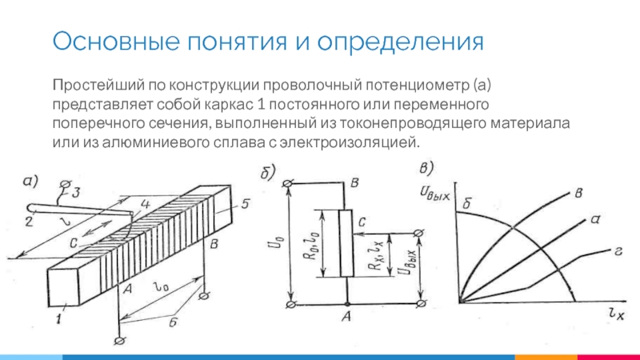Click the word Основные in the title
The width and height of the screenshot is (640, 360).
click(116, 42)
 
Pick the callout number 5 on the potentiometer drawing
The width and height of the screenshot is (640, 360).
click(245, 203)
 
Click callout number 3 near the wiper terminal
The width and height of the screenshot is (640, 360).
click(76, 192)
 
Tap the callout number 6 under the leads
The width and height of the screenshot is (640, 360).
click(173, 322)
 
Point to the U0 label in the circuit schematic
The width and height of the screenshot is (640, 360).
click(279, 243)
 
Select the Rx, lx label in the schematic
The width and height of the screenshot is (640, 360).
click(376, 255)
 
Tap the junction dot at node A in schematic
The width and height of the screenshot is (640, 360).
click(347, 304)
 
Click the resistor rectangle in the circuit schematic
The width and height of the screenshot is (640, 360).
click(346, 244)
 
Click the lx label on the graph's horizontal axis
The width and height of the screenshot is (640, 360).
click(616, 314)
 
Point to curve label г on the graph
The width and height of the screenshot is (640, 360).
click(618, 251)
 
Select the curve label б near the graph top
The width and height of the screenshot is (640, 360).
click(467, 203)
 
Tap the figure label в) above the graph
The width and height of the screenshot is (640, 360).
click(426, 168)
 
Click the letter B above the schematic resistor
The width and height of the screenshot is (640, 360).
click(355, 183)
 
